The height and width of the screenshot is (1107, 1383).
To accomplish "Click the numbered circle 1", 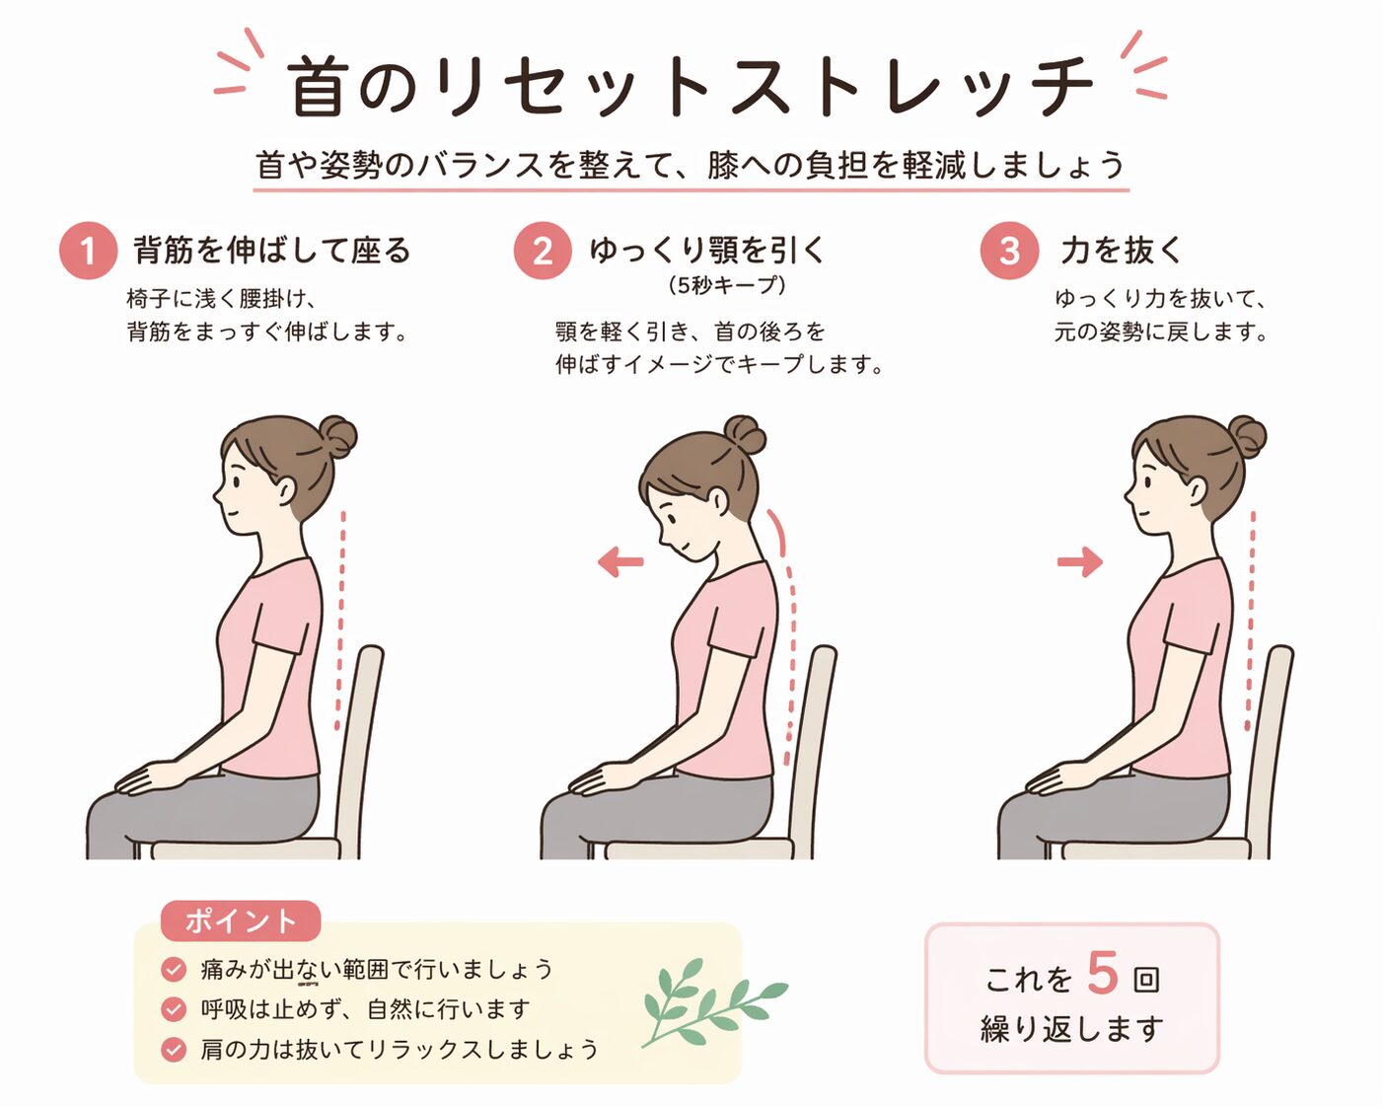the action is (88, 250).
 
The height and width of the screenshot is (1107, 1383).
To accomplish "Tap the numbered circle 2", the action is (543, 250).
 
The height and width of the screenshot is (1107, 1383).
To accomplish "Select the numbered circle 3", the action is (1009, 250).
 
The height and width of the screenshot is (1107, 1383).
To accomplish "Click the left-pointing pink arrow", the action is (620, 561).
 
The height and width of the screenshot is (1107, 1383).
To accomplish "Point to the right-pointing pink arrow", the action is (1080, 561).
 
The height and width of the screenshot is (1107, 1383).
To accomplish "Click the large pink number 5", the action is (1103, 973).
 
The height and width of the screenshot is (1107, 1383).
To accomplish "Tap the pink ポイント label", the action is (241, 922).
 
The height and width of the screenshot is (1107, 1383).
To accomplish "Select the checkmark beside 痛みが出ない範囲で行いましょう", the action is (174, 969).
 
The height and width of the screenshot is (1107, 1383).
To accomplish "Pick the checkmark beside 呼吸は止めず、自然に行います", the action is (174, 1008).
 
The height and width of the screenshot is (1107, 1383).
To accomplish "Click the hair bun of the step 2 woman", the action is (746, 435).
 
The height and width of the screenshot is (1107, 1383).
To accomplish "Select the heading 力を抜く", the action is (1122, 250).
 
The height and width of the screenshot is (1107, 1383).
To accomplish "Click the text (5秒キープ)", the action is (727, 285).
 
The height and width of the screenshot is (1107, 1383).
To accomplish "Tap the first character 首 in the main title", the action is (314, 86).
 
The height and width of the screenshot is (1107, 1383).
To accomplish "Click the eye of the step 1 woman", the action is (236, 481).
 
